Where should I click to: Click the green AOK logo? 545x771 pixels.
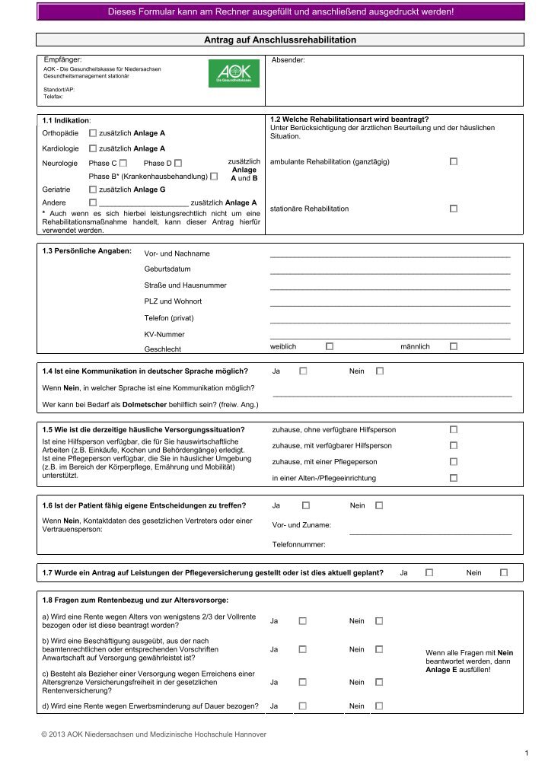234,74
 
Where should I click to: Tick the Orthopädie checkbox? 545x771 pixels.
93,133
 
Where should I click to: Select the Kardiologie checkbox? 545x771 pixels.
93,148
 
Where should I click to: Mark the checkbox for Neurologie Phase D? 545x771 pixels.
177,163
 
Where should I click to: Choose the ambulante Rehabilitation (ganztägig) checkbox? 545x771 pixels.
454,162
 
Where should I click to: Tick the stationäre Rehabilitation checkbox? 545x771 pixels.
454,209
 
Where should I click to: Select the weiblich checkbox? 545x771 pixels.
330,346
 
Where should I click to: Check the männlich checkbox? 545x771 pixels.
454,346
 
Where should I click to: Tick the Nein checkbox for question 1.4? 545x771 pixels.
380,371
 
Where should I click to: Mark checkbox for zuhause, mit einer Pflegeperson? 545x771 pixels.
454,462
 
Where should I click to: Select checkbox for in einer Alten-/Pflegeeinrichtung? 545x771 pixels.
454,478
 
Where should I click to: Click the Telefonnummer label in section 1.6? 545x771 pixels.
298,545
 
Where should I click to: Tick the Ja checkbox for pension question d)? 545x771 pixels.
303,706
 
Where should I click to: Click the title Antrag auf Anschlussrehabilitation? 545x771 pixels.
280,40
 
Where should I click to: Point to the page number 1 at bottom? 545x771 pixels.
526,753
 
